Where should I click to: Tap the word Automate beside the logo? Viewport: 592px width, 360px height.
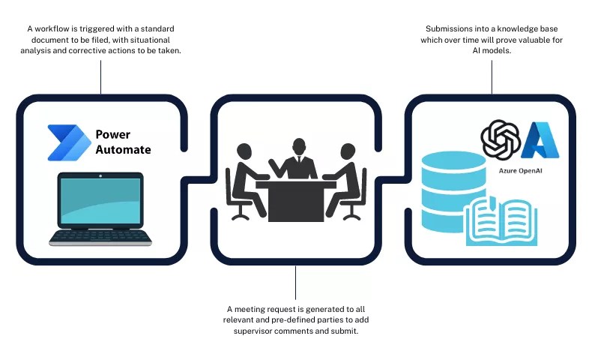coord(123,149)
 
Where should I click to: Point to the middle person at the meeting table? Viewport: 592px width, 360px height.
coord(298,159)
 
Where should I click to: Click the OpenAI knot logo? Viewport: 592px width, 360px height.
coord(500,139)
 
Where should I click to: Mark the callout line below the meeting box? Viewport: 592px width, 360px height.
coord(296,282)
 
